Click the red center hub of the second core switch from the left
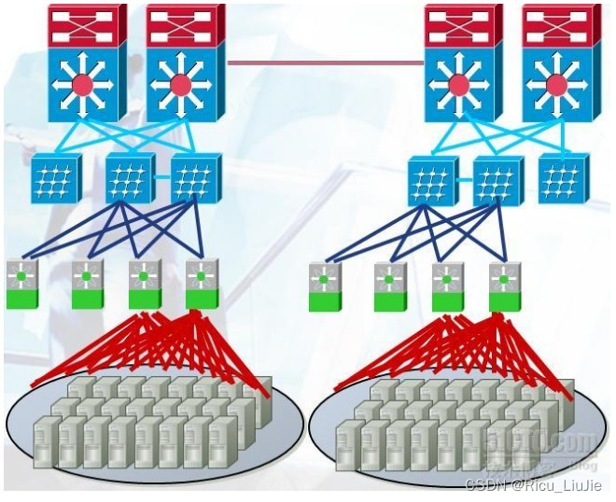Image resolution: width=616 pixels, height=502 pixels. click(180, 85)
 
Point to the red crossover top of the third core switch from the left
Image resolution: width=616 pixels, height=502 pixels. click(457, 27)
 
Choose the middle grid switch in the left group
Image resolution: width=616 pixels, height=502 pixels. click(130, 177)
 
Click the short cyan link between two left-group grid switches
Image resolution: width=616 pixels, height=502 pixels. click(163, 177)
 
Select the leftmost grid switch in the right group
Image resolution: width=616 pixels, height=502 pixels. click(432, 180)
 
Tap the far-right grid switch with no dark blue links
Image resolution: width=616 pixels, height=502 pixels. click(563, 178)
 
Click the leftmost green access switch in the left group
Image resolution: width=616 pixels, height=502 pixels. click(22, 284)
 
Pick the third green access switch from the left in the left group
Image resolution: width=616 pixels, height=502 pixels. click(144, 284)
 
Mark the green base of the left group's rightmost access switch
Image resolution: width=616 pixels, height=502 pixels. click(202, 298)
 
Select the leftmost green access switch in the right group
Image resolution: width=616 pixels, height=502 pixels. click(325, 286)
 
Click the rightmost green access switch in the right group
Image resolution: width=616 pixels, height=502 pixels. click(505, 286)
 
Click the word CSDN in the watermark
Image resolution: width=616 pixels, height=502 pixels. click(482, 485)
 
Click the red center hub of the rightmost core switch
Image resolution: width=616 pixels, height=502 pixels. click(556, 85)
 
